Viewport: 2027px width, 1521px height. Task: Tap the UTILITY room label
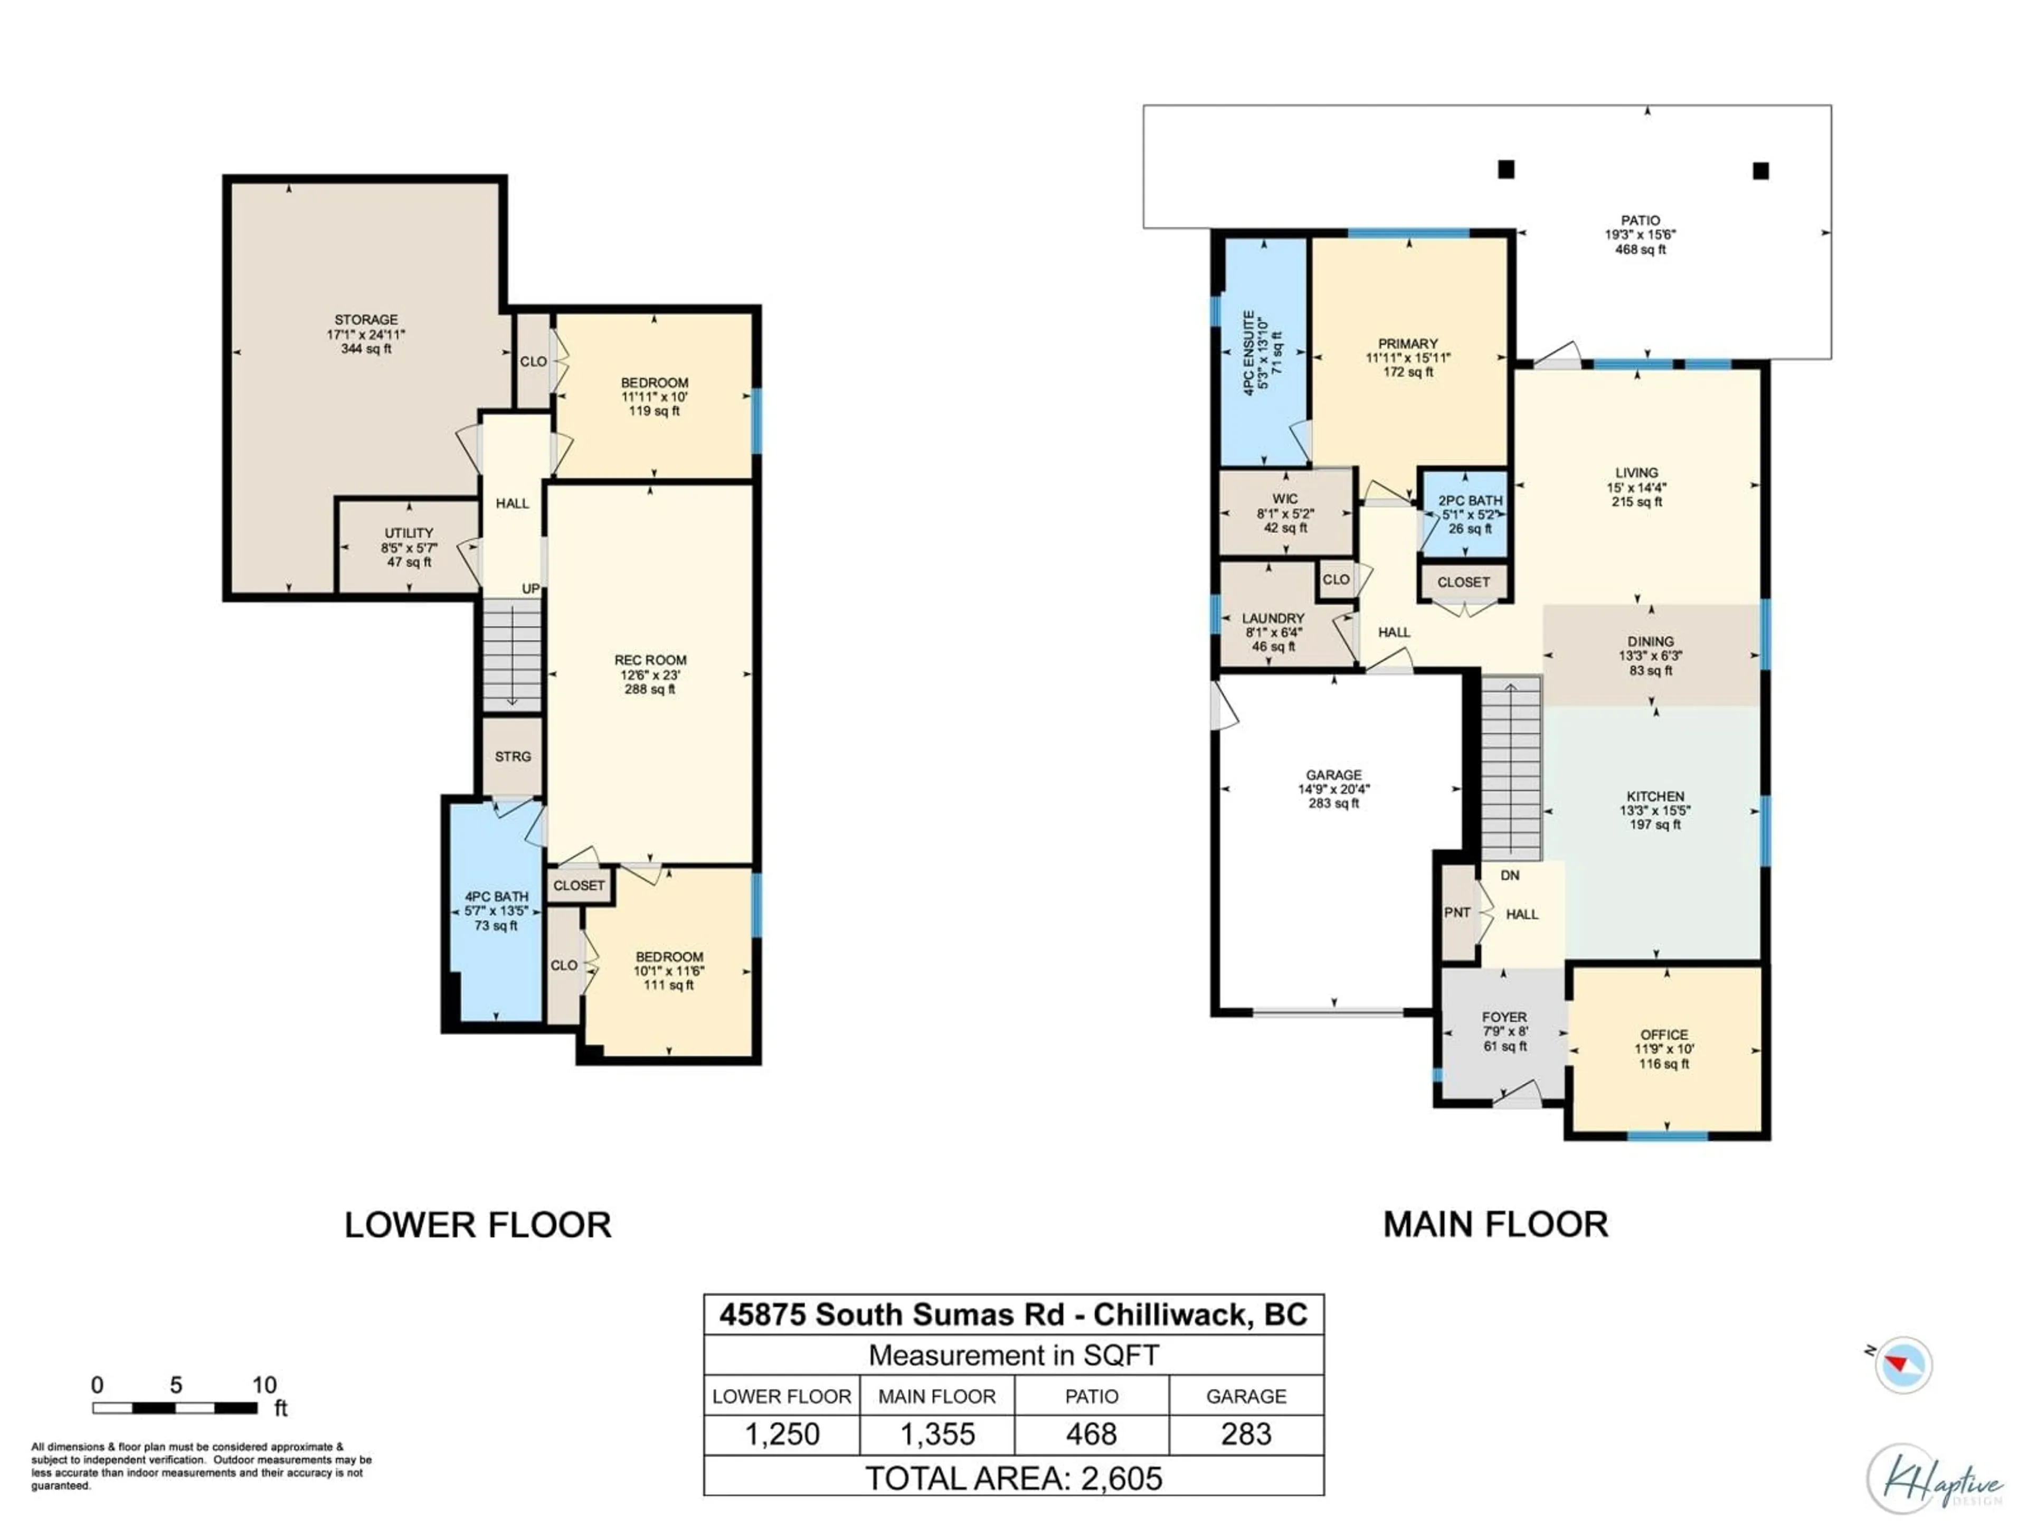click(x=409, y=533)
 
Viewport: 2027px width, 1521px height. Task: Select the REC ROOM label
click(x=650, y=660)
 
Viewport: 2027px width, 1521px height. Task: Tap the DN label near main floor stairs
click(x=1509, y=876)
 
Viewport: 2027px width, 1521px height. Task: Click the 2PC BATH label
click(x=1470, y=501)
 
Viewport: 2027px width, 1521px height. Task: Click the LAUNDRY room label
click(x=1273, y=619)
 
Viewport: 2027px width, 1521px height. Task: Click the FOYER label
click(x=1504, y=1017)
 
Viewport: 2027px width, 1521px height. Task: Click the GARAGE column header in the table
click(x=1245, y=1396)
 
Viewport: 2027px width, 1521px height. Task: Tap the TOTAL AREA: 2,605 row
click(x=1013, y=1478)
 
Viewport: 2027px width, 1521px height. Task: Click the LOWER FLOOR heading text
click(x=477, y=1225)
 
